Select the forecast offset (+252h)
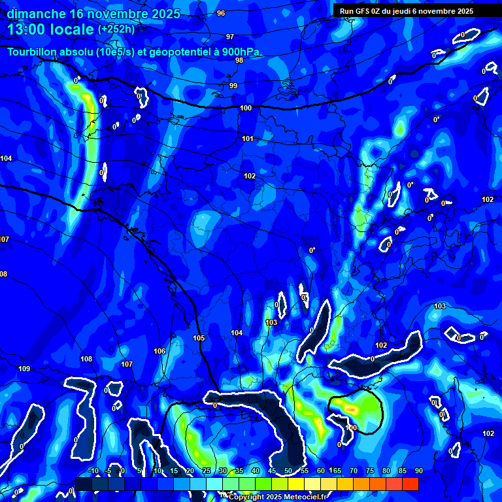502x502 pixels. click(x=116, y=29)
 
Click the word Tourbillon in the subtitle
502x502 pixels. click(x=33, y=52)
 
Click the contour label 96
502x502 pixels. click(x=221, y=13)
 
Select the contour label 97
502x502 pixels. click(x=230, y=37)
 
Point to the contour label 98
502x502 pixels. click(x=239, y=60)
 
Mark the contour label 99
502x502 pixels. click(x=233, y=86)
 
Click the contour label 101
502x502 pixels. click(x=248, y=139)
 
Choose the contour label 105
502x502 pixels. click(x=199, y=338)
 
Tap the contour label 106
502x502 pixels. click(x=159, y=351)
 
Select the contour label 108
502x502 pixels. click(x=86, y=359)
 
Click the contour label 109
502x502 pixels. click(x=24, y=369)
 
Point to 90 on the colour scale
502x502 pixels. click(x=418, y=471)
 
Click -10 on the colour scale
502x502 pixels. click(x=93, y=471)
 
